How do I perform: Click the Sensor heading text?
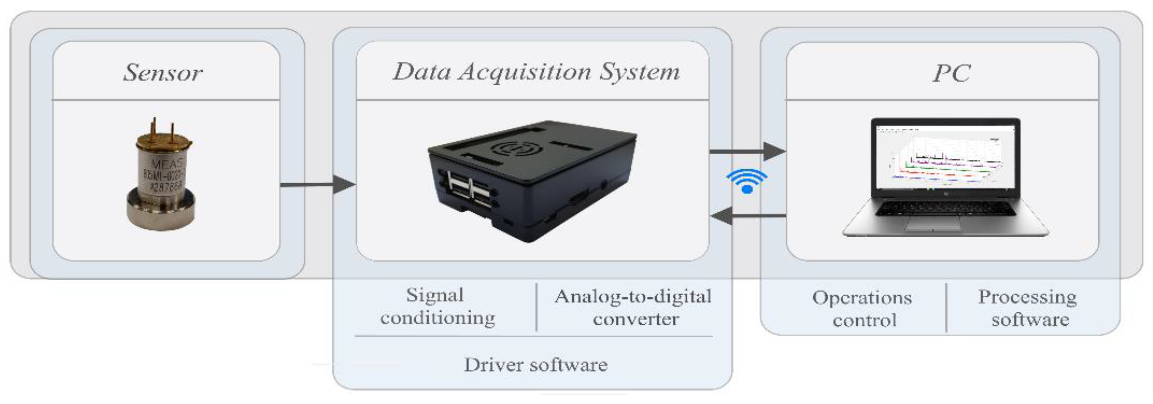click(163, 72)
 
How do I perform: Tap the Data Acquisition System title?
click(536, 72)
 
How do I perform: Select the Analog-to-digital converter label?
click(633, 308)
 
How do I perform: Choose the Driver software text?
click(535, 365)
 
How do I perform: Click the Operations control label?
click(862, 309)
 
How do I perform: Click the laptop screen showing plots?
click(945, 157)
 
